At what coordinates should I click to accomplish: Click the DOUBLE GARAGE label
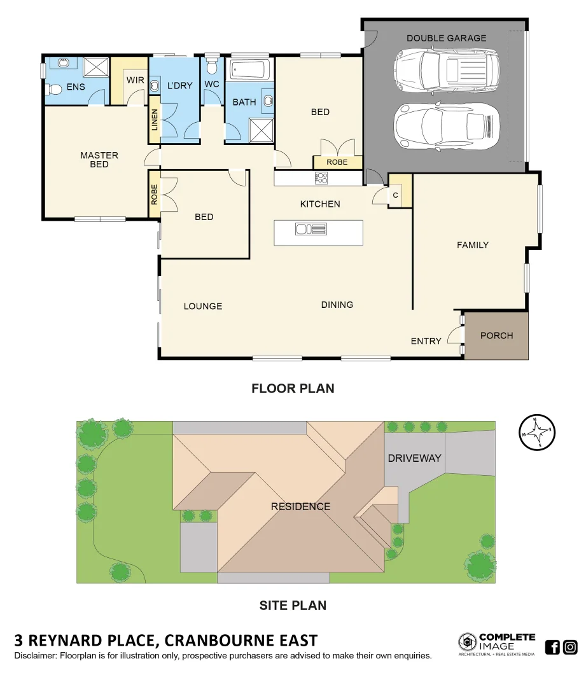point(446,38)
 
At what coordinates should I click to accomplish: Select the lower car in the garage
point(445,125)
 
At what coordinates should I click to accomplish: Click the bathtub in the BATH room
point(249,69)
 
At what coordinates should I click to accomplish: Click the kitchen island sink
point(311,229)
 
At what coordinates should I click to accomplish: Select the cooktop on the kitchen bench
point(321,179)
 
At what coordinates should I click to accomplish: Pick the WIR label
point(135,80)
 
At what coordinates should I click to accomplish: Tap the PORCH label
point(496,335)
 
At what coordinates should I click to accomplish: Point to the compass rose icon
point(537,431)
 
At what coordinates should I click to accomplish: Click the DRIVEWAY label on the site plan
point(414,458)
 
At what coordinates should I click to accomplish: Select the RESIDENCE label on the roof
point(300,506)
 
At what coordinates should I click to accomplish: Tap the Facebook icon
point(552,647)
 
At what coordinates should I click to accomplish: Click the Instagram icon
point(570,647)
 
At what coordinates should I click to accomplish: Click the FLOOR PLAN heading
point(293,388)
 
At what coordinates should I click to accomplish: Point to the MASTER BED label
point(99,160)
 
